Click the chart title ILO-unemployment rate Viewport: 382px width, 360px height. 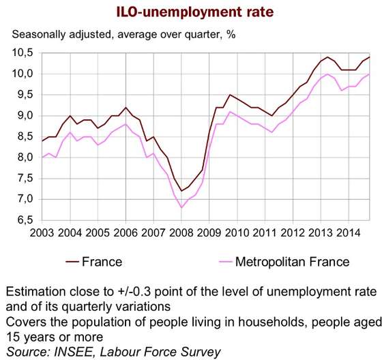point(195,12)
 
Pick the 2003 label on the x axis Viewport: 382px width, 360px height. point(42,233)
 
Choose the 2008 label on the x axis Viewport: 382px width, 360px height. point(181,233)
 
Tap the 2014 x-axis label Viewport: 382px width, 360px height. point(348,233)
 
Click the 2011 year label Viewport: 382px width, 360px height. point(265,233)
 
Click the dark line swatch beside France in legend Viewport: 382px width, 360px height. point(72,262)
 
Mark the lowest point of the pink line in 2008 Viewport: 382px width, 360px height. point(181,207)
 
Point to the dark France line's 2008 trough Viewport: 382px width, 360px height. point(181,191)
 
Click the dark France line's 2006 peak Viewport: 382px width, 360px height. point(126,107)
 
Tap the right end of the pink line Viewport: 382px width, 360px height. point(370,74)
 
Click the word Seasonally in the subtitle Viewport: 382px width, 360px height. point(39,35)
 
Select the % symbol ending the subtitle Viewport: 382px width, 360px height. point(231,35)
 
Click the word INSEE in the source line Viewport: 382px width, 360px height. point(73,352)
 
